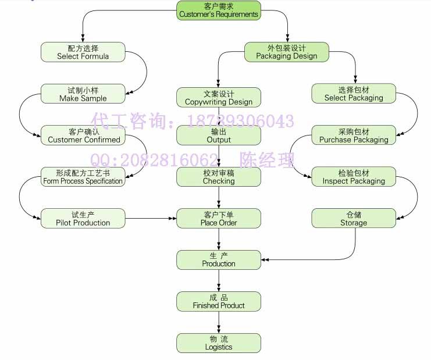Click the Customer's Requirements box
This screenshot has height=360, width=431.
click(219, 10)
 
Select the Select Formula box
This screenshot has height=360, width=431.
click(83, 52)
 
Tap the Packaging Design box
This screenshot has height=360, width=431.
click(287, 52)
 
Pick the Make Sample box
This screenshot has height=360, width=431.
click(83, 94)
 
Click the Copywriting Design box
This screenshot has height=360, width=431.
click(219, 98)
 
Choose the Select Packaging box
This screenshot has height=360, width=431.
click(354, 94)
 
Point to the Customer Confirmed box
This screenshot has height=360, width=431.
click(83, 135)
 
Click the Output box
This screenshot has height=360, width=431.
click(219, 135)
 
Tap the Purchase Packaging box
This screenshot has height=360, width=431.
click(354, 135)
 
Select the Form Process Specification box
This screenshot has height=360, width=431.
click(83, 177)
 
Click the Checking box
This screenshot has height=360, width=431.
click(219, 177)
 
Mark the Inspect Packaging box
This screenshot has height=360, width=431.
click(354, 177)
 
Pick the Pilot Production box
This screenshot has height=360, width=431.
click(83, 218)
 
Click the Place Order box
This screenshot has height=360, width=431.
click(219, 218)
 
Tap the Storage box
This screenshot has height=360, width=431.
click(354, 218)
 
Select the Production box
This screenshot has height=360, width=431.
click(219, 259)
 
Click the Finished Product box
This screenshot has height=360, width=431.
click(219, 301)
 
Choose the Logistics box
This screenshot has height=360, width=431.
click(219, 343)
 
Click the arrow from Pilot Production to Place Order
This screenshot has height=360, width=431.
click(151, 218)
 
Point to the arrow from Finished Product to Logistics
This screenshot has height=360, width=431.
click(219, 322)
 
